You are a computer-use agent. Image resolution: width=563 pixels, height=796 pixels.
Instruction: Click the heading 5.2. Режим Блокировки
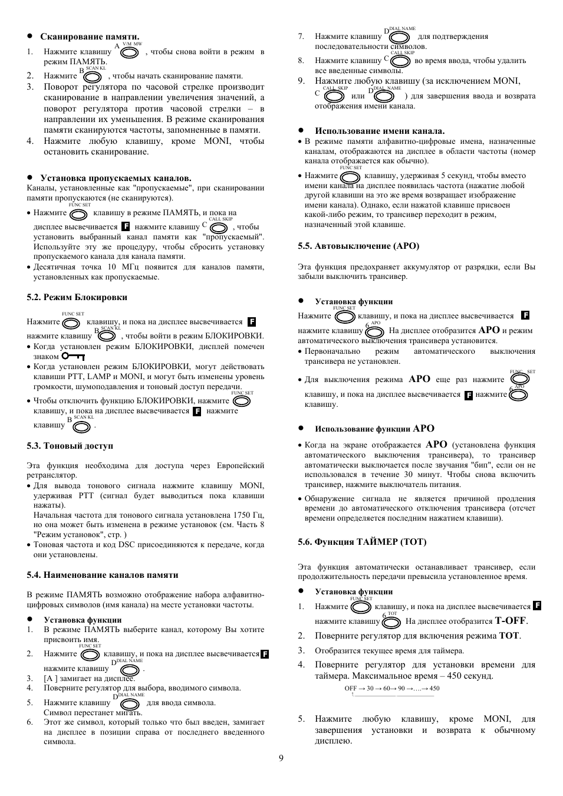[x=77, y=297]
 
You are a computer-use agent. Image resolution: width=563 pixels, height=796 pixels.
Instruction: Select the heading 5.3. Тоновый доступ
[x=70, y=446]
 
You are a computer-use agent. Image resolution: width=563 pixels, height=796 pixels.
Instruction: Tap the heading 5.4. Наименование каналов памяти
[x=102, y=575]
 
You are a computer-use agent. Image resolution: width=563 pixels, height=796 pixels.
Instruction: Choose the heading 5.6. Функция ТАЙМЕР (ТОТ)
[x=362, y=542]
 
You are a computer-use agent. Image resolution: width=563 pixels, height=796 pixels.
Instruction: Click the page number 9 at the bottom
[x=281, y=758]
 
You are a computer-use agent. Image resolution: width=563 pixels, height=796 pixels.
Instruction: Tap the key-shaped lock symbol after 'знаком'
[x=73, y=357]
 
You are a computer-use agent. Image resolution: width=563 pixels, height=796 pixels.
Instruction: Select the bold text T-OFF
[x=511, y=621]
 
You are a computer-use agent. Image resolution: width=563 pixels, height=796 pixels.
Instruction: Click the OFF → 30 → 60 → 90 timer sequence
[x=392, y=688]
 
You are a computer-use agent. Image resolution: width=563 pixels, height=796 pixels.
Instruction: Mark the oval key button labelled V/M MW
[x=129, y=52]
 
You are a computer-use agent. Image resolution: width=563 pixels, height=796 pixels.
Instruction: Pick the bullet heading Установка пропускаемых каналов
[x=116, y=178]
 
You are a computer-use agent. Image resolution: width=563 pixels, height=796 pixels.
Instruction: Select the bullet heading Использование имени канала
[x=380, y=131]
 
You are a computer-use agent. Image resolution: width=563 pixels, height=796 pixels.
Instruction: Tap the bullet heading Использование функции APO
[x=374, y=429]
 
